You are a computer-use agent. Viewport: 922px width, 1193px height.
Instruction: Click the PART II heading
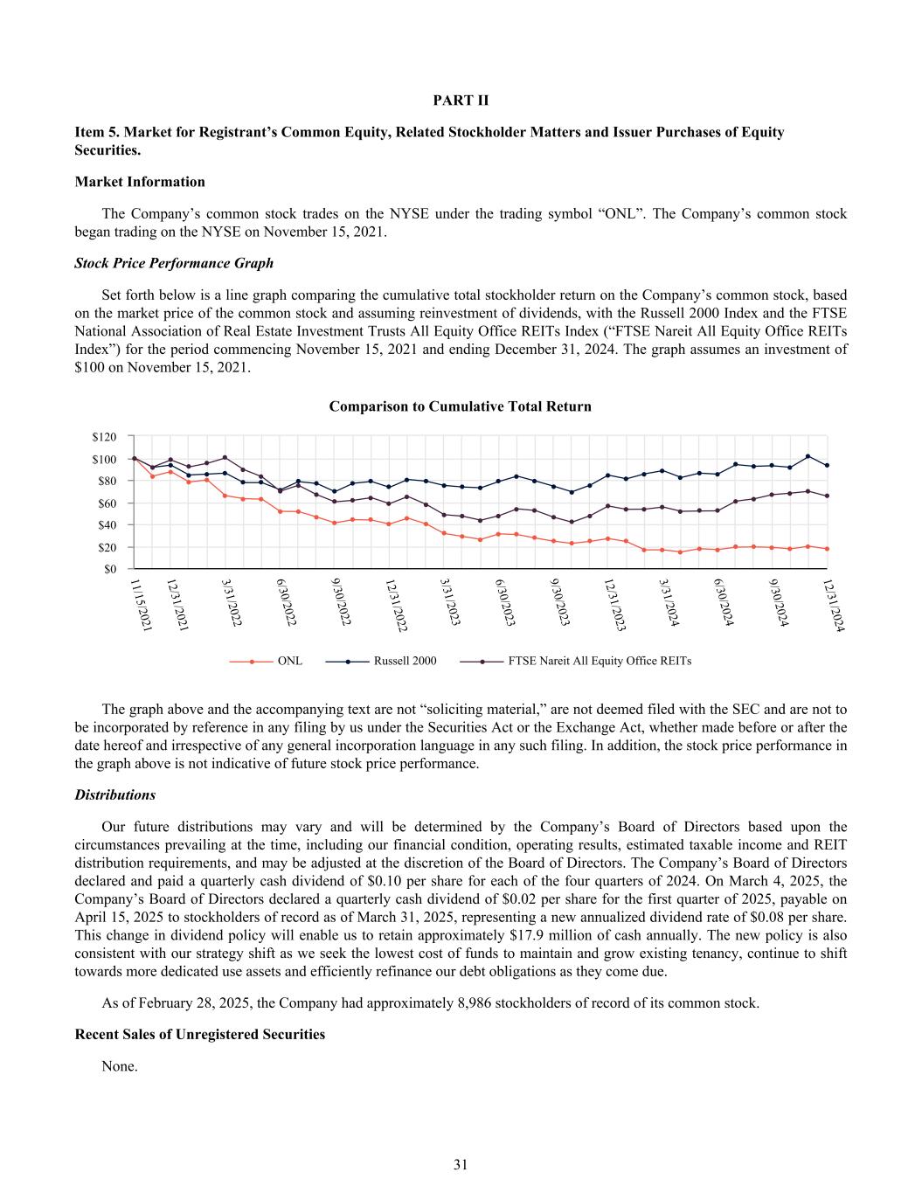coord(461,101)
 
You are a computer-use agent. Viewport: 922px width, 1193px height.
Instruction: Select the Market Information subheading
coord(140,182)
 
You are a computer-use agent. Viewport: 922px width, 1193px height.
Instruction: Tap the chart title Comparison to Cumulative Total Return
coord(460,406)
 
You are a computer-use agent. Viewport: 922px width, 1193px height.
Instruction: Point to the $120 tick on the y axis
coord(104,436)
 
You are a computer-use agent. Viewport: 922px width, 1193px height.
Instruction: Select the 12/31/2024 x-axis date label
coord(834,604)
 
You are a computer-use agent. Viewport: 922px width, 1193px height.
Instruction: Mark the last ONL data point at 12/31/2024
coord(827,549)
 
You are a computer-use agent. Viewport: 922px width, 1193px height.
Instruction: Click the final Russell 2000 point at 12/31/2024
coord(827,465)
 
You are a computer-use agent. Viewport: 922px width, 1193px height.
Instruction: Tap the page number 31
coord(461,1164)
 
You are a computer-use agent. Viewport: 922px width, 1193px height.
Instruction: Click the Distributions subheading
coord(115,795)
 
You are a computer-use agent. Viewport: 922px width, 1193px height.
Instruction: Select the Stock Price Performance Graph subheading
coord(174,263)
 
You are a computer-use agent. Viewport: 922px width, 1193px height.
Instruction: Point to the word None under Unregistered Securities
coord(120,1066)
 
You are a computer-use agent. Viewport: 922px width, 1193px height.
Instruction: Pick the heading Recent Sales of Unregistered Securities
coord(200,1035)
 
